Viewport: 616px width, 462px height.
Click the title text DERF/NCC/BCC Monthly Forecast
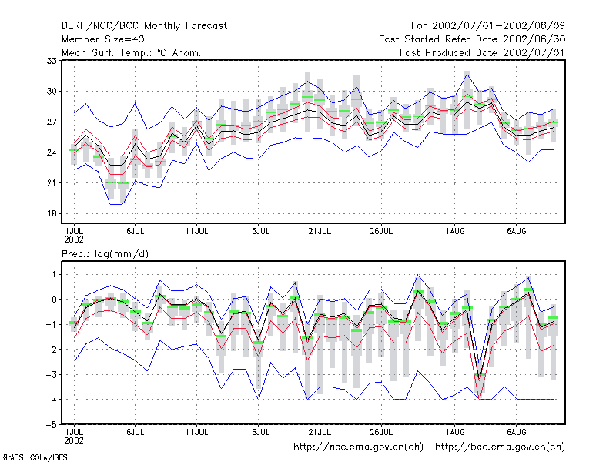coord(144,26)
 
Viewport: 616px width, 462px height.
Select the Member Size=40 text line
coord(103,39)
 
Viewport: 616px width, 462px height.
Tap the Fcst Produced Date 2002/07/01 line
coord(482,52)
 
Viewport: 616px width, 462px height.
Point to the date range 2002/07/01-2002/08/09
coord(498,26)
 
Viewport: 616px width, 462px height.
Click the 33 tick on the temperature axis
coord(52,61)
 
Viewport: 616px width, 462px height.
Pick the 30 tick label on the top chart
coord(52,91)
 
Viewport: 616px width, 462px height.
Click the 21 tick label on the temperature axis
coord(52,183)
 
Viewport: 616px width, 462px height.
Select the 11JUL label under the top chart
coord(196,231)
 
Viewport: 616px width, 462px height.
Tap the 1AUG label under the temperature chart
coord(454,231)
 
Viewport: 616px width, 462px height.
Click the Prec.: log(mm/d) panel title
coord(105,254)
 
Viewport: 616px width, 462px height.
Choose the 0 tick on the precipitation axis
coord(54,300)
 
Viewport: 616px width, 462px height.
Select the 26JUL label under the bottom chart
coord(381,432)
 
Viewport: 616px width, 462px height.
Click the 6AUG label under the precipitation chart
coord(516,432)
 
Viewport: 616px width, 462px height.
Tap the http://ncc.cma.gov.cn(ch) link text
coord(358,447)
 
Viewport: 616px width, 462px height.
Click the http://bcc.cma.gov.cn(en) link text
coord(500,447)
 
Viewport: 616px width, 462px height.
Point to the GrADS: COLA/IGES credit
coord(35,457)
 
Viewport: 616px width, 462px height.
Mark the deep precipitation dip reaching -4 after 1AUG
coord(479,398)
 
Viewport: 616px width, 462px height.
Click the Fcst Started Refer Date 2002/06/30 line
coord(472,39)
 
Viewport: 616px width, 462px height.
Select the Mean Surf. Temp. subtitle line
coord(131,52)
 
